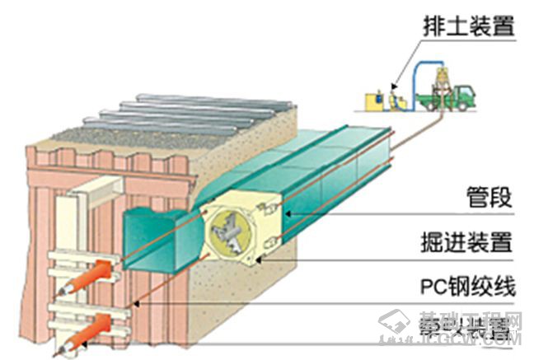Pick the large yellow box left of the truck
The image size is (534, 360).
[x=372, y=101]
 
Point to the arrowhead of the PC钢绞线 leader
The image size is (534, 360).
[x=133, y=304]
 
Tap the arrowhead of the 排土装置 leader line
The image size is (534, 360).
[x=395, y=86]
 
